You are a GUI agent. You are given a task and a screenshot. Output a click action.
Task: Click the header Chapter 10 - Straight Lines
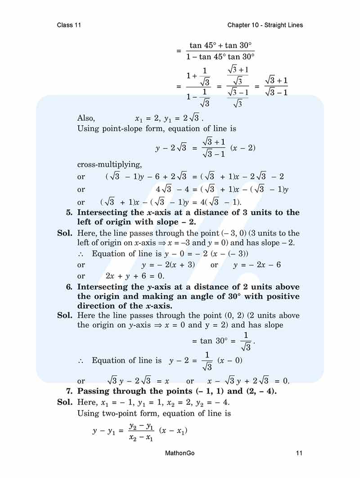(265, 25)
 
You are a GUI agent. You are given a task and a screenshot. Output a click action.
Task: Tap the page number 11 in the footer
(299, 453)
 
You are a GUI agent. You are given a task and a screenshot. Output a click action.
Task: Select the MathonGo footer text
(180, 453)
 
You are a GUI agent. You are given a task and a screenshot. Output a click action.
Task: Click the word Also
(86, 118)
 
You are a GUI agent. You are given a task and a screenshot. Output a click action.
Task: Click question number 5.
(69, 212)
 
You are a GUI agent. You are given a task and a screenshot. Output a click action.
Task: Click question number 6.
(69, 287)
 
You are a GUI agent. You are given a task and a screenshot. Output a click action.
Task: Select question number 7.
(69, 391)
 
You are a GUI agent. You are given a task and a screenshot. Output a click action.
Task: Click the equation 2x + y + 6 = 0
(135, 276)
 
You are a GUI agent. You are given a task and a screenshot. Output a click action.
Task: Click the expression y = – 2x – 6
(257, 265)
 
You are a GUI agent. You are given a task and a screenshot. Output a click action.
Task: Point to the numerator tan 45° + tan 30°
(220, 45)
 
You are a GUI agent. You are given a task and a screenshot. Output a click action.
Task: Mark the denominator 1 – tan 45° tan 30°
(220, 57)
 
